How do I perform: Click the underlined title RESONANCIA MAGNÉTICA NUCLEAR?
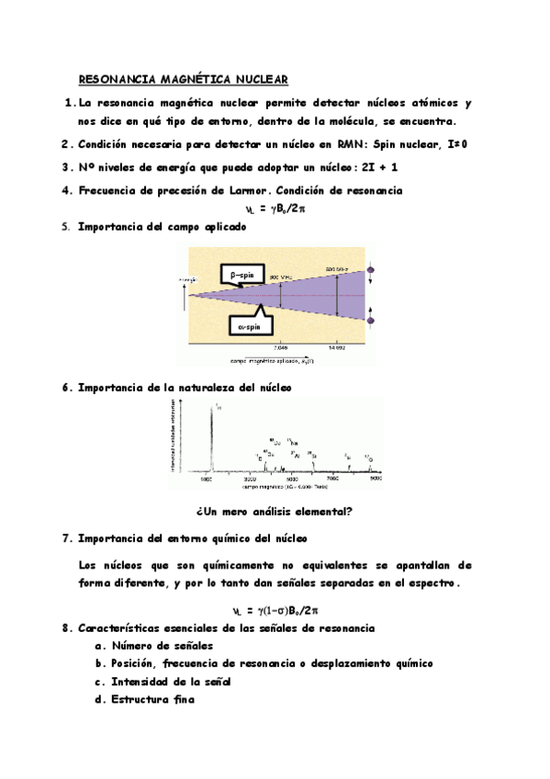point(183,80)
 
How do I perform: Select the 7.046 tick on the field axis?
point(282,348)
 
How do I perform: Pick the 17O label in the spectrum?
point(368,457)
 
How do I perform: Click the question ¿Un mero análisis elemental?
point(275,512)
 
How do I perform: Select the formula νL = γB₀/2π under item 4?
point(275,209)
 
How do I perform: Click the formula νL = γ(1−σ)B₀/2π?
point(275,609)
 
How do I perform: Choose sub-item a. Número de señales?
point(153,645)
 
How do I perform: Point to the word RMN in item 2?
point(344,144)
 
